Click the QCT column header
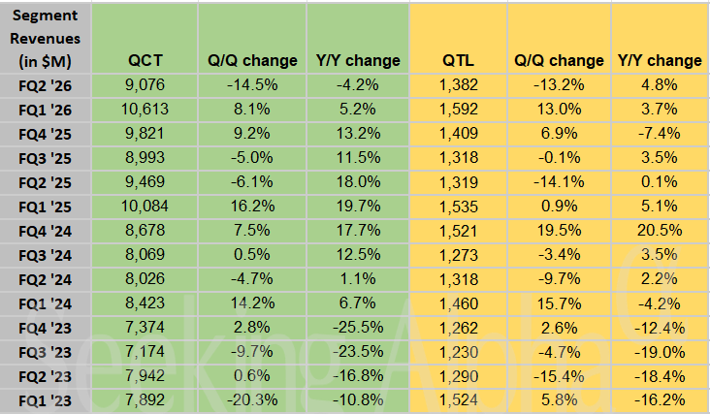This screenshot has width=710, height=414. (x=145, y=60)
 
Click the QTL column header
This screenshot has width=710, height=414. (x=456, y=60)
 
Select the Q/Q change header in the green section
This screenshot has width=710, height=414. (x=253, y=60)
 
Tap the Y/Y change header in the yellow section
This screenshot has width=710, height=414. (x=660, y=60)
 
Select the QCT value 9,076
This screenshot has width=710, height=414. (x=145, y=84)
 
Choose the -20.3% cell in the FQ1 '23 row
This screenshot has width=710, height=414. (x=253, y=398)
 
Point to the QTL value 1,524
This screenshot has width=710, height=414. (x=456, y=398)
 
